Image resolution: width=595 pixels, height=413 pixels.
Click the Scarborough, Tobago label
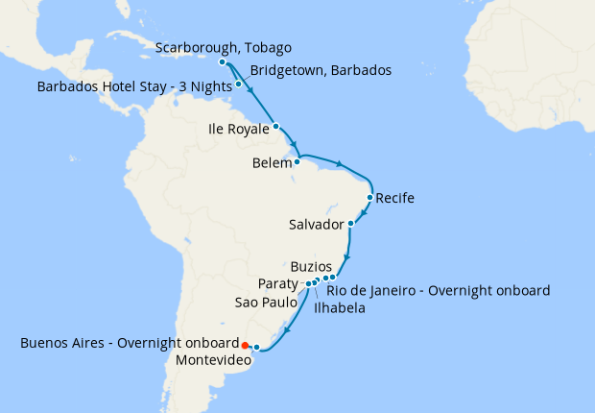pos(223,47)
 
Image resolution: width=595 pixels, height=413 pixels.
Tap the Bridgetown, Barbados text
pos(321,70)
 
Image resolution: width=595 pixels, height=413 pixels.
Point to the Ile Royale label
pos(238,128)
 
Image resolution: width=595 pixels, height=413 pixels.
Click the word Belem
pos(272,164)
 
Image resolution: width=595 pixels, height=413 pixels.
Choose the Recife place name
pos(395,199)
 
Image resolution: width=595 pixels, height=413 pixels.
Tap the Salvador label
pos(316,225)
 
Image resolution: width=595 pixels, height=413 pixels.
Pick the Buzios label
pos(311,266)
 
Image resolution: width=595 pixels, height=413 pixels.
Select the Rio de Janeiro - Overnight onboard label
pos(439,290)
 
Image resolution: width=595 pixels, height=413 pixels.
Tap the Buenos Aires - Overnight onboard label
pos(129,343)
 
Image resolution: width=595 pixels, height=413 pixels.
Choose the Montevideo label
pos(212,360)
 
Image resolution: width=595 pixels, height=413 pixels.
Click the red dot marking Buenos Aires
pos(245,344)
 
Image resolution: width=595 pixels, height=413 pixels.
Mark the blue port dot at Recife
pos(370,199)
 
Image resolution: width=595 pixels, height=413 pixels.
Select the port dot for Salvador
pos(351,224)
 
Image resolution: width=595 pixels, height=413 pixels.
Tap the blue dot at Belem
pos(297,161)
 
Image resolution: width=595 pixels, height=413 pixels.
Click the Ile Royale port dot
pos(275,126)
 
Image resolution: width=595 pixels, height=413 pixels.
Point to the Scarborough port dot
pos(223,62)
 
